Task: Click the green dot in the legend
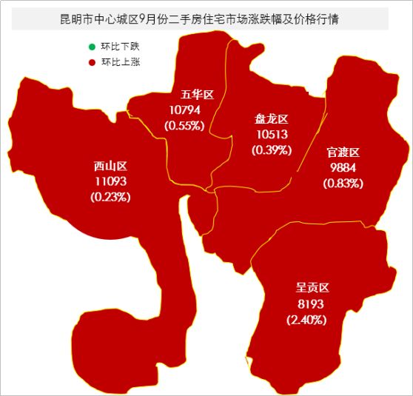[92, 47]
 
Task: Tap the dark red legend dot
[92, 62]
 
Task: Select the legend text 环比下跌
[121, 47]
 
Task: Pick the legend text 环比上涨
[121, 62]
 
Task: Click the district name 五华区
[197, 95]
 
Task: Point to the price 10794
[185, 110]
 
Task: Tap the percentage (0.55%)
[184, 125]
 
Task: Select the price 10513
[272, 135]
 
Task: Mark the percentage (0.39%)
[272, 150]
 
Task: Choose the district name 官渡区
[343, 152]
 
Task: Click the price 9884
[343, 167]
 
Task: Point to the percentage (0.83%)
[343, 183]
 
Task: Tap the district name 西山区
[111, 166]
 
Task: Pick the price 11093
[111, 181]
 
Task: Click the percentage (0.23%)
[111, 197]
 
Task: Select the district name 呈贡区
[311, 288]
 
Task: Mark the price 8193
[311, 304]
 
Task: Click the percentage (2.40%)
[306, 320]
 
